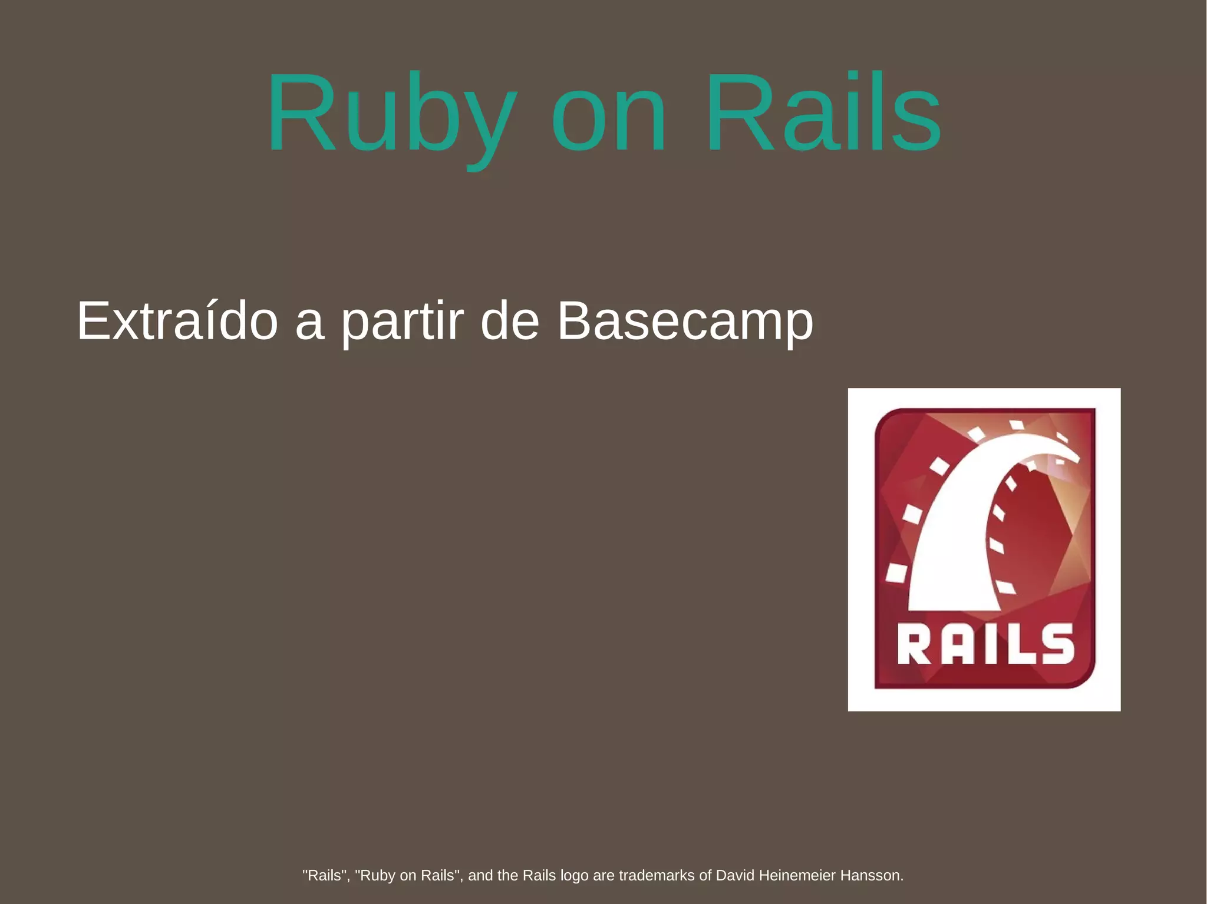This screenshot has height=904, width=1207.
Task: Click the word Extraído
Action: pyautogui.click(x=177, y=321)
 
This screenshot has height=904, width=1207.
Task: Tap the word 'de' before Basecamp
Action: pyautogui.click(x=510, y=321)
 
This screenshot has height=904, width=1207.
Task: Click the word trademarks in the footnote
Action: pyautogui.click(x=656, y=875)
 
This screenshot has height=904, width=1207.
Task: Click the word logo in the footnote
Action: pyautogui.click(x=574, y=876)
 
